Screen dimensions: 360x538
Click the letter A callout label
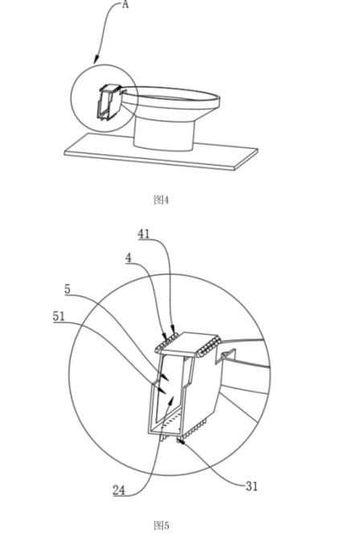tap(125, 5)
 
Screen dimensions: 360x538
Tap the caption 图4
tap(161, 200)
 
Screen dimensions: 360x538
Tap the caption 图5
tap(161, 525)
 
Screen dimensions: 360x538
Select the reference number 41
tap(144, 234)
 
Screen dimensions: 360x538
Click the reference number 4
tap(129, 258)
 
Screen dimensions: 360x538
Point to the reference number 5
tap(67, 289)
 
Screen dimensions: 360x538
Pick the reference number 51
tap(59, 316)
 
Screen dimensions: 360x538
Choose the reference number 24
tap(119, 491)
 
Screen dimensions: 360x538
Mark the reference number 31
tap(252, 486)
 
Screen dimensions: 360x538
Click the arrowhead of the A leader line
tap(96, 60)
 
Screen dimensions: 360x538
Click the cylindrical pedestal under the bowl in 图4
tap(164, 134)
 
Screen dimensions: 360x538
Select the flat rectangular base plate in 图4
tap(161, 152)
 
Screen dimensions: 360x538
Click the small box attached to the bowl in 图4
tap(109, 103)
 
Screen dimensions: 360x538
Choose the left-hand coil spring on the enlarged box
tap(166, 342)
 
